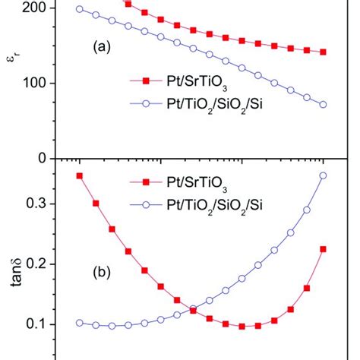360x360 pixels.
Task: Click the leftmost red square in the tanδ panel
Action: pyautogui.click(x=80, y=175)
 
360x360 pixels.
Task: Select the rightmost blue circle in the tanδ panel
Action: pyautogui.click(x=323, y=175)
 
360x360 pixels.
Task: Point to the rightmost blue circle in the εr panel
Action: pyautogui.click(x=323, y=104)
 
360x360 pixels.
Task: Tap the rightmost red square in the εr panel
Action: pyautogui.click(x=323, y=52)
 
